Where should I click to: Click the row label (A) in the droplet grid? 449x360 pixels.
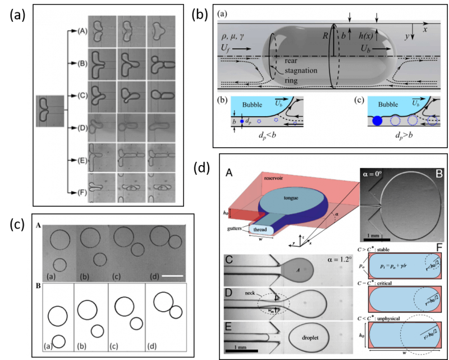coord(82,31)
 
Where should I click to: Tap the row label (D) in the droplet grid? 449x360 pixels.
coord(82,126)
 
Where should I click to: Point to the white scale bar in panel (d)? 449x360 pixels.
coord(167,260)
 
